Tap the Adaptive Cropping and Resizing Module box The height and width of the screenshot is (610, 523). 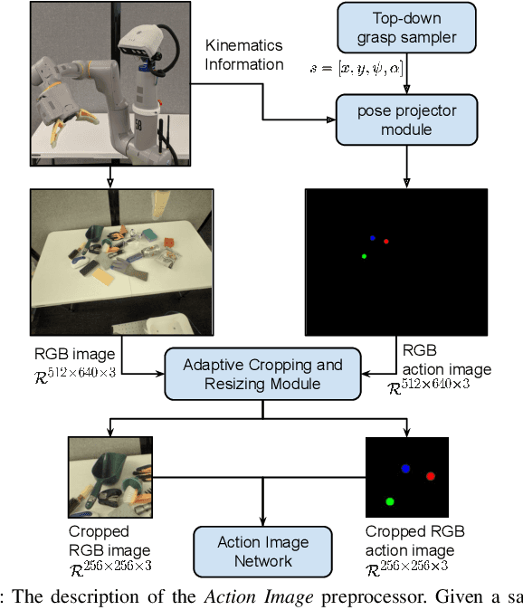(262, 375)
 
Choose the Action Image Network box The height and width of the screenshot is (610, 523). (262, 551)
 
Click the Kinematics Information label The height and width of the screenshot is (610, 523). (244, 54)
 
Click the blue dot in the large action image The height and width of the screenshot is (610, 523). (372, 238)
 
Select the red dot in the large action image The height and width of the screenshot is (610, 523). (386, 242)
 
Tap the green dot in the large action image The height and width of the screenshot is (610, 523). (364, 257)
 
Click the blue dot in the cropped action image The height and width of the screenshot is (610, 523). (405, 468)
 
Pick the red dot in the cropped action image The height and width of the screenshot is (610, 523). (431, 476)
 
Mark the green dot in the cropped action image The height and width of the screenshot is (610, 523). (390, 500)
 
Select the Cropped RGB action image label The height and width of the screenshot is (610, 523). (409, 541)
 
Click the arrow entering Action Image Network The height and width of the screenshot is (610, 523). (262, 516)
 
